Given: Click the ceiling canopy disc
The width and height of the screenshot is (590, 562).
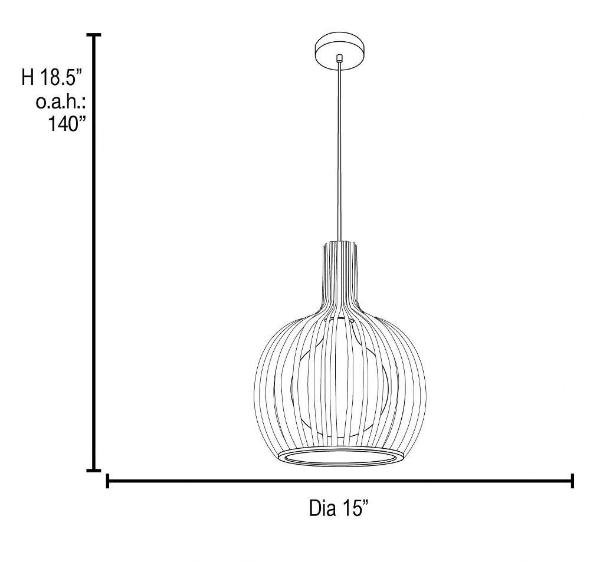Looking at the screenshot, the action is click(x=340, y=51).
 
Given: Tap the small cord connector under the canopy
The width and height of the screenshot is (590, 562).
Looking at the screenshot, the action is click(x=340, y=58).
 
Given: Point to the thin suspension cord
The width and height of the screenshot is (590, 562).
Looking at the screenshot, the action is click(x=339, y=150).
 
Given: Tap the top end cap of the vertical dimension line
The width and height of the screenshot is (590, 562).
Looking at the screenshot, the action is click(x=94, y=35).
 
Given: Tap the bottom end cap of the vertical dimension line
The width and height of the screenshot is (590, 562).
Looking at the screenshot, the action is click(x=94, y=470).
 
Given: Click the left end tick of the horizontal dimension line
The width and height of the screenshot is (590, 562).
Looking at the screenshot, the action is click(x=107, y=481).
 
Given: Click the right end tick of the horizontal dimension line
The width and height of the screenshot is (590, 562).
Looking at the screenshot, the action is click(x=572, y=481).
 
